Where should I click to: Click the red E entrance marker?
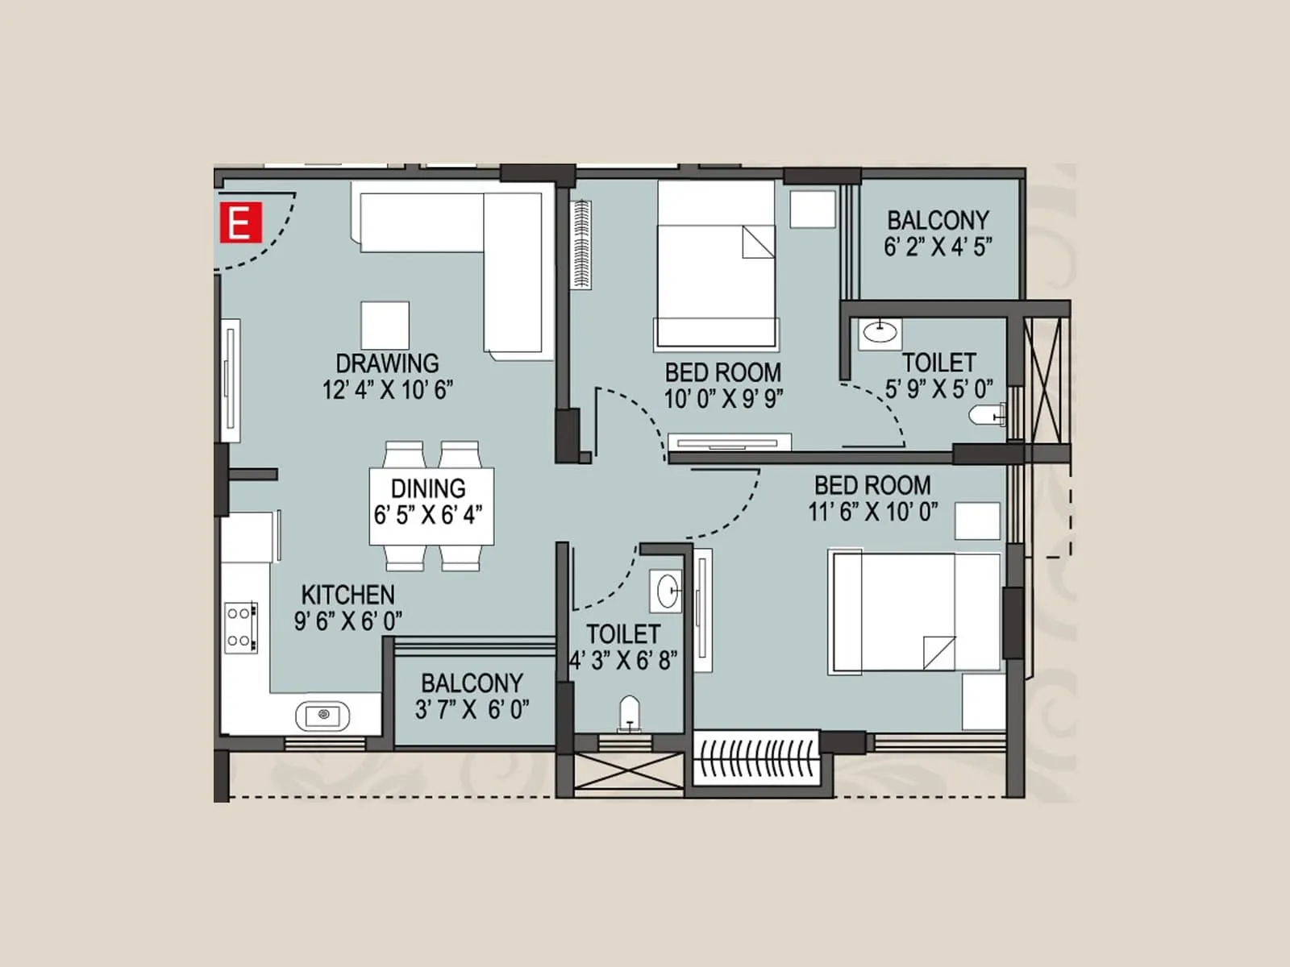coord(240,222)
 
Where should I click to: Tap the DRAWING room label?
coord(387,363)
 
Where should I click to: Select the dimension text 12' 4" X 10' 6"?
coord(387,390)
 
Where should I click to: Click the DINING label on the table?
coord(428,488)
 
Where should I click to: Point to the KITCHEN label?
coord(347,595)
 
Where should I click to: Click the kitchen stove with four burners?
coord(240,626)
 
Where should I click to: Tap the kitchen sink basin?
coord(323,715)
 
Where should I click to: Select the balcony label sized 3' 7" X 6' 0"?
coord(472,696)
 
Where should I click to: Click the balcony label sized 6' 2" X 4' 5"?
coord(938,233)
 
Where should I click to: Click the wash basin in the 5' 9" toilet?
coord(879,331)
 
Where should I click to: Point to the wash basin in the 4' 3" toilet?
coord(667,591)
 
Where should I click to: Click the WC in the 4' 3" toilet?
coord(630,714)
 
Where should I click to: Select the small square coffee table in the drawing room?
coord(385,325)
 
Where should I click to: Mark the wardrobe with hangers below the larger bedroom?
coord(756,758)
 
